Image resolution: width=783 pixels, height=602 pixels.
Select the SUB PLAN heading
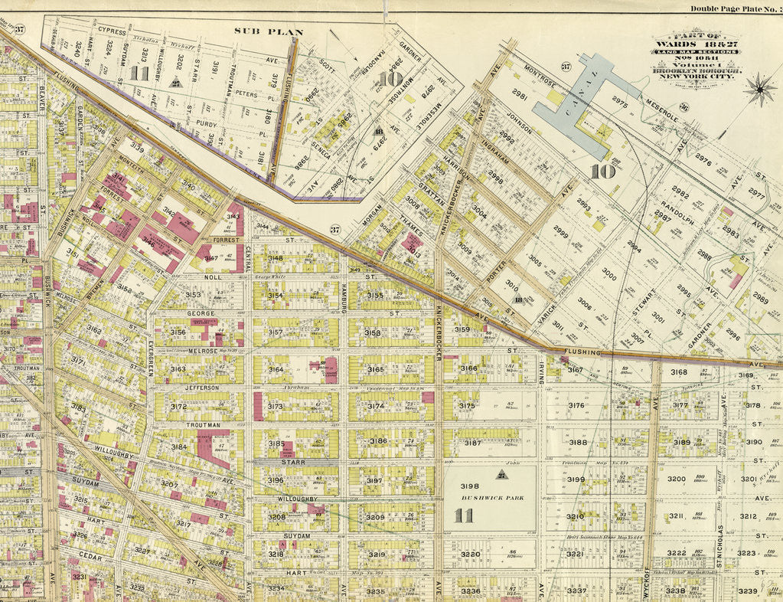point(269,32)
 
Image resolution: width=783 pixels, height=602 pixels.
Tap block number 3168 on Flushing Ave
point(679,372)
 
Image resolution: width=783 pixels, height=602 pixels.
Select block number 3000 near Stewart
point(609,272)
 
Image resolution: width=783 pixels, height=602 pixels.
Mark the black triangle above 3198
point(501,473)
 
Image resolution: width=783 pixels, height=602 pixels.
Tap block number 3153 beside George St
point(192,294)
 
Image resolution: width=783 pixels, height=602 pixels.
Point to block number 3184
point(178,446)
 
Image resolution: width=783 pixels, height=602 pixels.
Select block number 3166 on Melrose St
point(468,368)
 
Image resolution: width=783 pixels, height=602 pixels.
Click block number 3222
point(676,552)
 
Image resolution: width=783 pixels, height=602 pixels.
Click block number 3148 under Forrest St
point(275,258)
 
